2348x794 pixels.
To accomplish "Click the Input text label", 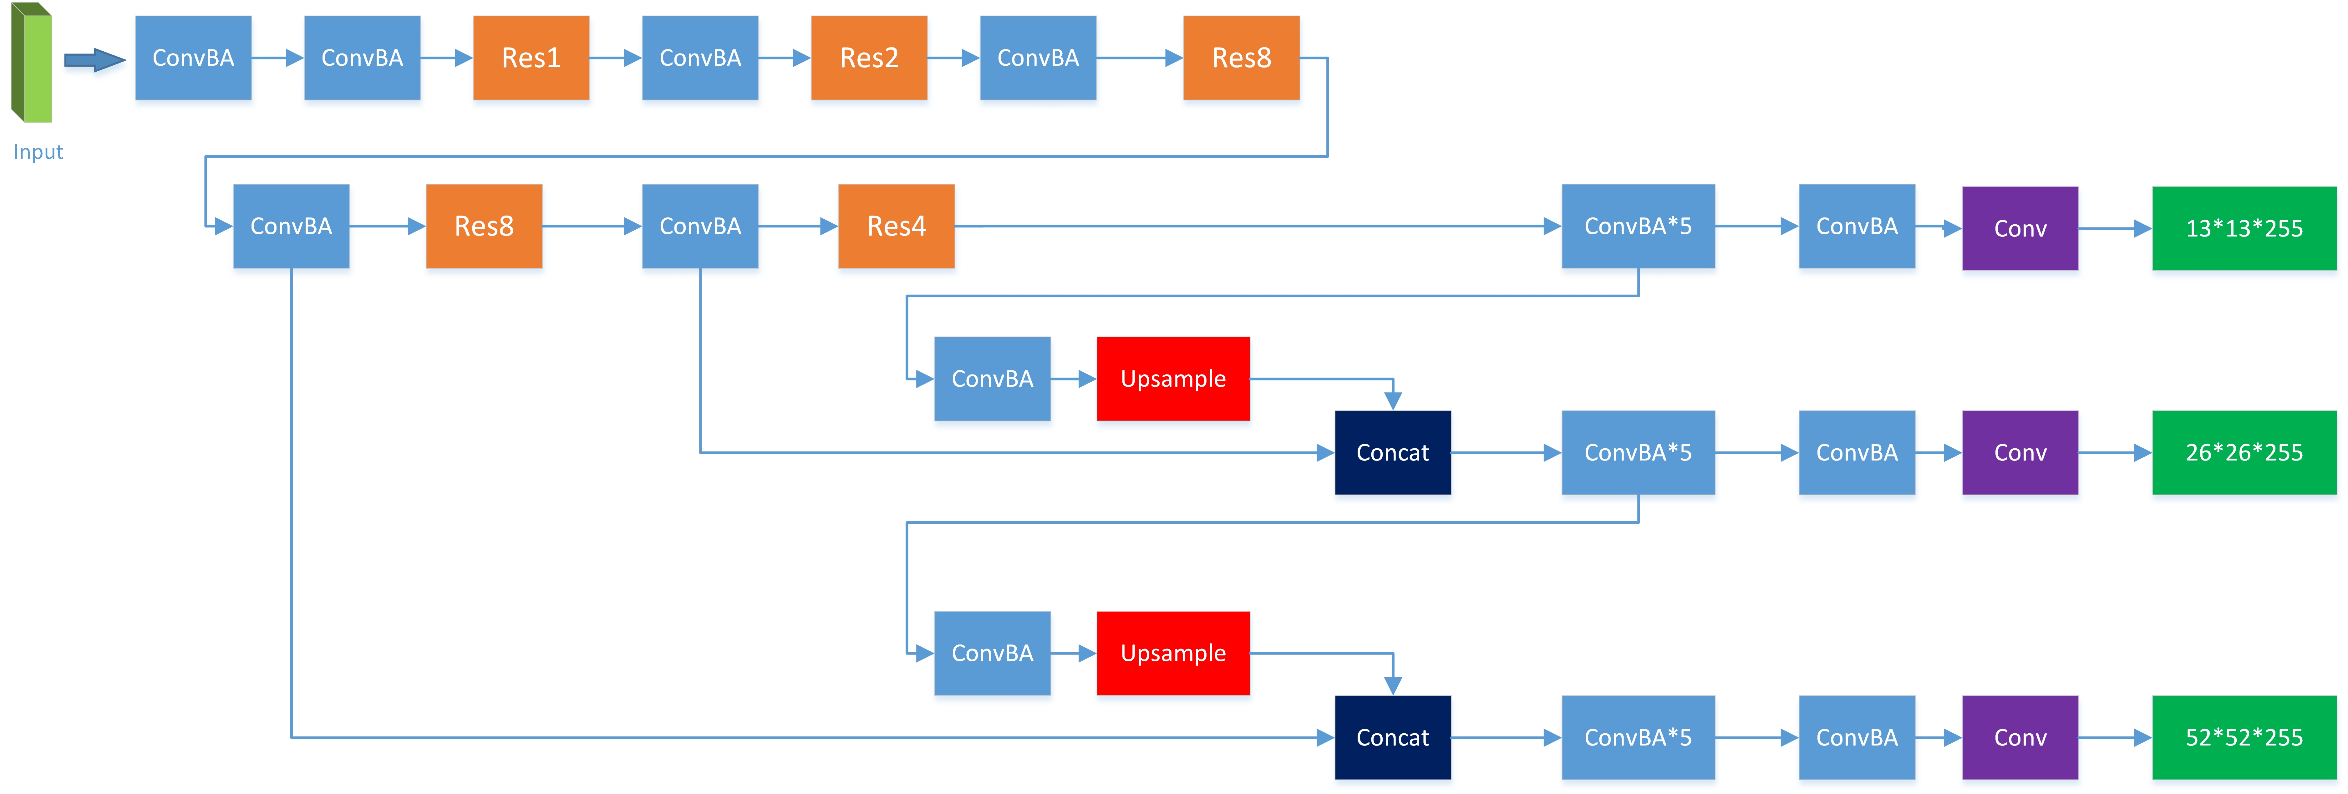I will coord(37,152).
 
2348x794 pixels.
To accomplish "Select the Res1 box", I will coord(531,58).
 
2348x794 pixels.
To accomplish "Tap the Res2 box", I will coord(869,58).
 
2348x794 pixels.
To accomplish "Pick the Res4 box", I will coord(896,226).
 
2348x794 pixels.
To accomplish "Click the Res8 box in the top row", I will coord(1241,58).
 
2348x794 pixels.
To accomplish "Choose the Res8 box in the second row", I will coord(484,226).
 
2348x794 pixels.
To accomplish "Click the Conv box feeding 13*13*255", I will coord(2020,228).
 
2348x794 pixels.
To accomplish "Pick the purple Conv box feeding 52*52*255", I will coord(2020,737).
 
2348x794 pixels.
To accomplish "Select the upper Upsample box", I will coord(1173,378).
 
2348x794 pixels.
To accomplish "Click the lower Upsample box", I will coord(1173,653).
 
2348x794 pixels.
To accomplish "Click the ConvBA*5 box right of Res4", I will coord(1638,226).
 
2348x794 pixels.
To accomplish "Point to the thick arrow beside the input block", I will coord(94,60).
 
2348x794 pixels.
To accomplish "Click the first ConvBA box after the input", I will coord(193,58).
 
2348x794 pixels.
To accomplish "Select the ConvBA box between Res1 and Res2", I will coord(700,58).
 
